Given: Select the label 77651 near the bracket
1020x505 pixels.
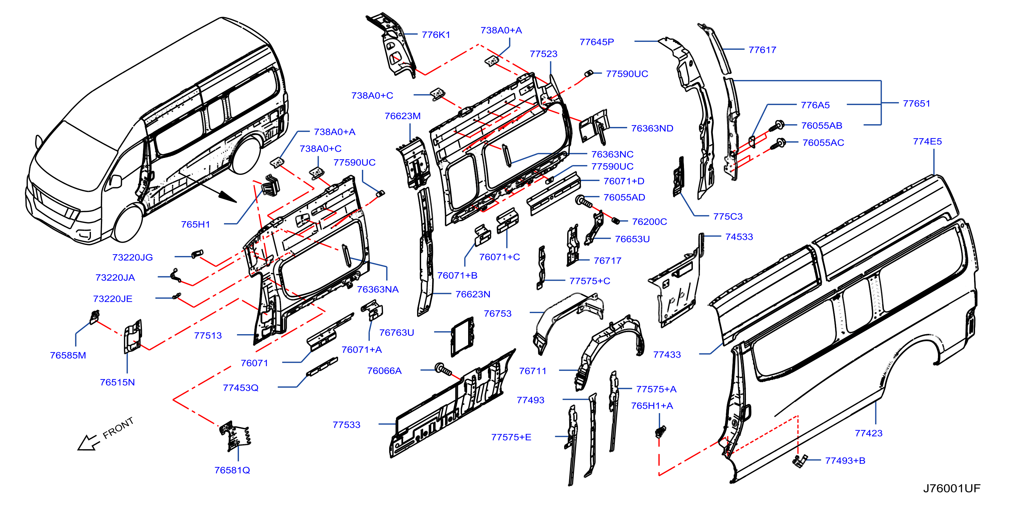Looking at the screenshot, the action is pos(916,103).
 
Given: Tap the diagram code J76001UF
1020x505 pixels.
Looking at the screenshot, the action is pos(952,488).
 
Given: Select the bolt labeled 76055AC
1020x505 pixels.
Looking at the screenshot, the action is pos(777,144).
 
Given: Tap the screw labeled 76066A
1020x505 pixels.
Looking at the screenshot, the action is pos(443,369).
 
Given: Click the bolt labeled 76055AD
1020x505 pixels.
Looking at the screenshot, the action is pos(584,201).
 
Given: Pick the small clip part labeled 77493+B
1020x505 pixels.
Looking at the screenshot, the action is pos(799,461).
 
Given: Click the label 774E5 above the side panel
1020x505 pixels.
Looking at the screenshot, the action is pos(927,141).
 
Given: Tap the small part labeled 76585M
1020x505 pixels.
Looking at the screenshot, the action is pos(95,317).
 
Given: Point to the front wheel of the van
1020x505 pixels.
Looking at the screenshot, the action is pos(128,223).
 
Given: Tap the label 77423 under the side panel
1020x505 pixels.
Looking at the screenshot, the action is pos(868,433).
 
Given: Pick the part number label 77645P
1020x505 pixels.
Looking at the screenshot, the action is pos(596,42).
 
